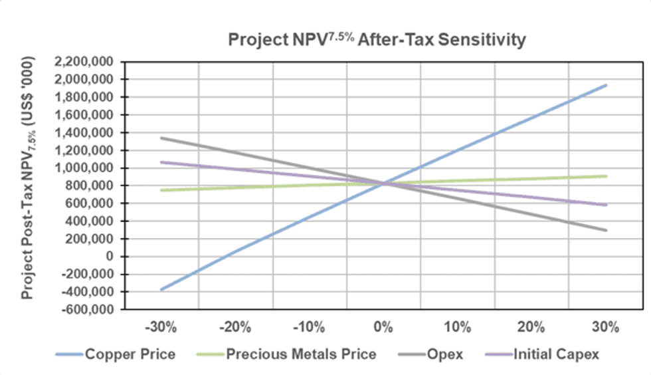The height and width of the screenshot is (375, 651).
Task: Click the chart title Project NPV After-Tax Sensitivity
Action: [x=377, y=40]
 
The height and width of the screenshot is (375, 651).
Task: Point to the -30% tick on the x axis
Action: [x=161, y=328]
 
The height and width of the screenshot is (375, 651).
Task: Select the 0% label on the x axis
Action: [x=383, y=328]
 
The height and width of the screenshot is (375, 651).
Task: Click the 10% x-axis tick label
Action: [x=457, y=328]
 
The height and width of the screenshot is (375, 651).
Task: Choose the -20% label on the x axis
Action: [x=235, y=328]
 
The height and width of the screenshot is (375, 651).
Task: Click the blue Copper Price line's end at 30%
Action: [x=606, y=85]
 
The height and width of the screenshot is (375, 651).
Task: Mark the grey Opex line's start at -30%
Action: [x=161, y=138]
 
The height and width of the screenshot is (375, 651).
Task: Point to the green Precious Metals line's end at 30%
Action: [x=606, y=176]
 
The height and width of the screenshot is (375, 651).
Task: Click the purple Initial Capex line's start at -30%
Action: [x=161, y=162]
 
